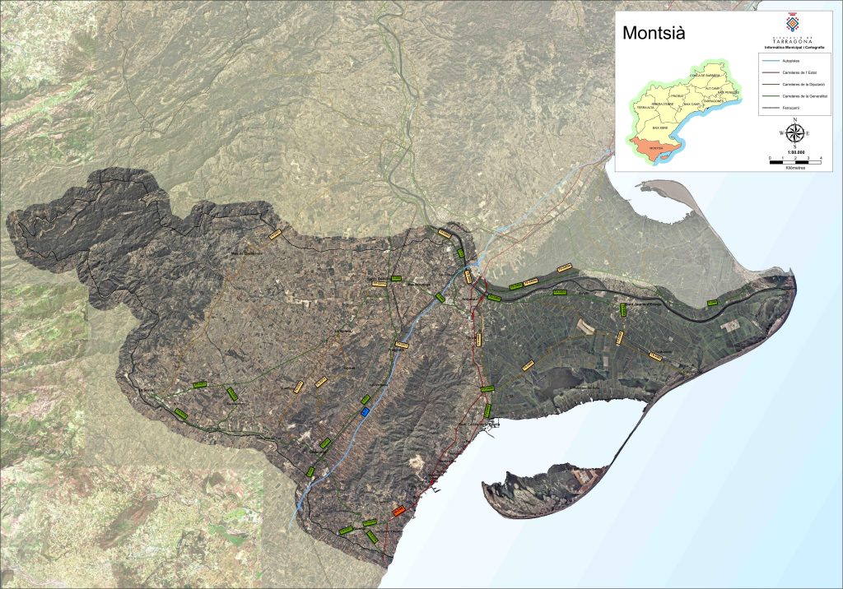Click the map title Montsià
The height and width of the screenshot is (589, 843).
click(x=654, y=35)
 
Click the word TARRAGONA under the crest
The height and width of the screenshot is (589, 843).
click(x=794, y=43)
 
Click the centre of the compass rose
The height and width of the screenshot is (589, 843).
click(x=795, y=134)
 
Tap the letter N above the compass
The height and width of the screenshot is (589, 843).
click(x=795, y=120)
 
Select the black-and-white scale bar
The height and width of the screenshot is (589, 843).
click(x=795, y=162)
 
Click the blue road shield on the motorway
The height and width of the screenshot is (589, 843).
click(x=366, y=411)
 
